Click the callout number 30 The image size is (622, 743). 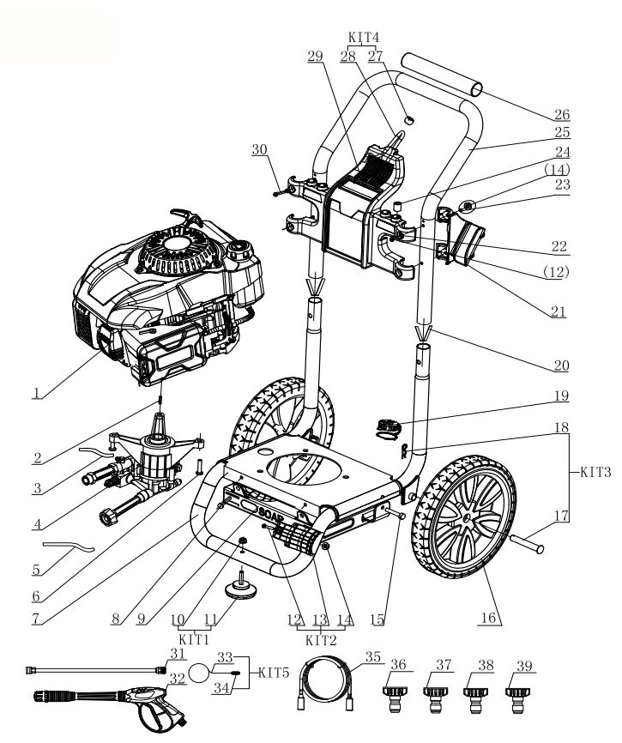(260, 148)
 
